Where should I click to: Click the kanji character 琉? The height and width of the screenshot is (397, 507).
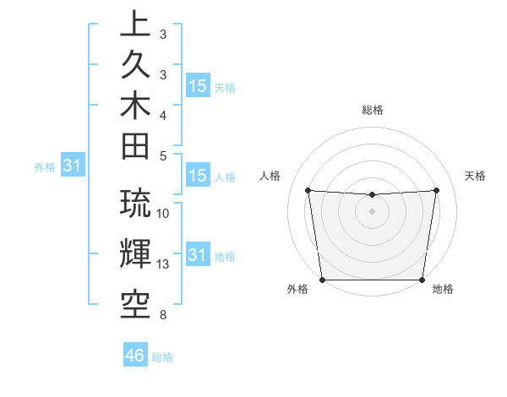pos(135,204)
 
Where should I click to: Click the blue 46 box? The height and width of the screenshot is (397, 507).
pos(135,355)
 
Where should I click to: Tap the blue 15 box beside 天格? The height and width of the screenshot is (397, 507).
pos(198,85)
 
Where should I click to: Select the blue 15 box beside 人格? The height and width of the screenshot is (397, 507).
pos(198,176)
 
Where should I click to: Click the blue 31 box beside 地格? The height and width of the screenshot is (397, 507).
pos(198,254)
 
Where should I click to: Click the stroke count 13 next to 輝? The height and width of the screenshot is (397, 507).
pos(164,264)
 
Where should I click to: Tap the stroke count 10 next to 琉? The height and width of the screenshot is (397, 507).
pos(164,214)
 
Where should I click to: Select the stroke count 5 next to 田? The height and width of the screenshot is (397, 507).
pos(163,155)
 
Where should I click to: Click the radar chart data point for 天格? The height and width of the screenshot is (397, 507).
pos(437,190)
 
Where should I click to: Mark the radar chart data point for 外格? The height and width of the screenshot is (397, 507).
pos(322,280)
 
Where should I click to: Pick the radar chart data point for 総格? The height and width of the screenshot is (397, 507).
pos(372,195)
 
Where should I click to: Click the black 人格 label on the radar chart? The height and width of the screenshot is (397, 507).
pos(271,176)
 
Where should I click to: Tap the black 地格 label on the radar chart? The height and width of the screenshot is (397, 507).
pos(443,289)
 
